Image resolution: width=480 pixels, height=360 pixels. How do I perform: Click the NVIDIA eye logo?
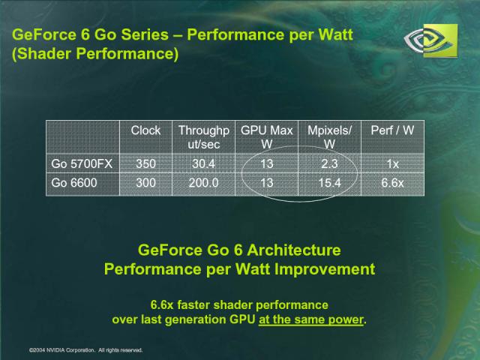pos(430,40)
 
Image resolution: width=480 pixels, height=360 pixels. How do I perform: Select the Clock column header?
pos(145,130)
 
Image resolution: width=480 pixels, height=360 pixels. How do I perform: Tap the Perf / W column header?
pos(392,130)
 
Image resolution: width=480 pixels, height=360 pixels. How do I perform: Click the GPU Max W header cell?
pos(267,137)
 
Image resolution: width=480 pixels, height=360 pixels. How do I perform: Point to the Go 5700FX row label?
pos(82,163)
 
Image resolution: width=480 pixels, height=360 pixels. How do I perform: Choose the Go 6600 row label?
pos(74,183)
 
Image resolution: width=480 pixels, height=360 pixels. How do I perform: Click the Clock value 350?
pos(145,163)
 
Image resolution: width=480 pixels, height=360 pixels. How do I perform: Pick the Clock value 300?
pos(145,183)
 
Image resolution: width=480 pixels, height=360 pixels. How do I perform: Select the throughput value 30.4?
pos(203,163)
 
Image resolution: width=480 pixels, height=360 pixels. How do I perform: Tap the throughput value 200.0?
pos(203,183)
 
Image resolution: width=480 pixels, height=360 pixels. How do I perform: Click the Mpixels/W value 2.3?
pos(329,163)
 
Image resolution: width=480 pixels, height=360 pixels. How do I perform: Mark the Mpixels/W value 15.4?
pos(329,183)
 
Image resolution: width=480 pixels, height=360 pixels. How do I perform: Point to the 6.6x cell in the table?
pos(392,183)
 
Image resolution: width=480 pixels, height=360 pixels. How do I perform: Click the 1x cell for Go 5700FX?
pos(392,163)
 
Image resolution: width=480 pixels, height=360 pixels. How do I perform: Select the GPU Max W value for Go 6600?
pos(267,183)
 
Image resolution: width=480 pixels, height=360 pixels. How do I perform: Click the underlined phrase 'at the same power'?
pos(311,319)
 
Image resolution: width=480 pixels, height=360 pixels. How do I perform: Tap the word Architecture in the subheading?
pos(294,250)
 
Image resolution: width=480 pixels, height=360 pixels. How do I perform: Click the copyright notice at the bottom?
pos(85,350)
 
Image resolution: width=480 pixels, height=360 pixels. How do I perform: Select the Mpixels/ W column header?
pos(329,137)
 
